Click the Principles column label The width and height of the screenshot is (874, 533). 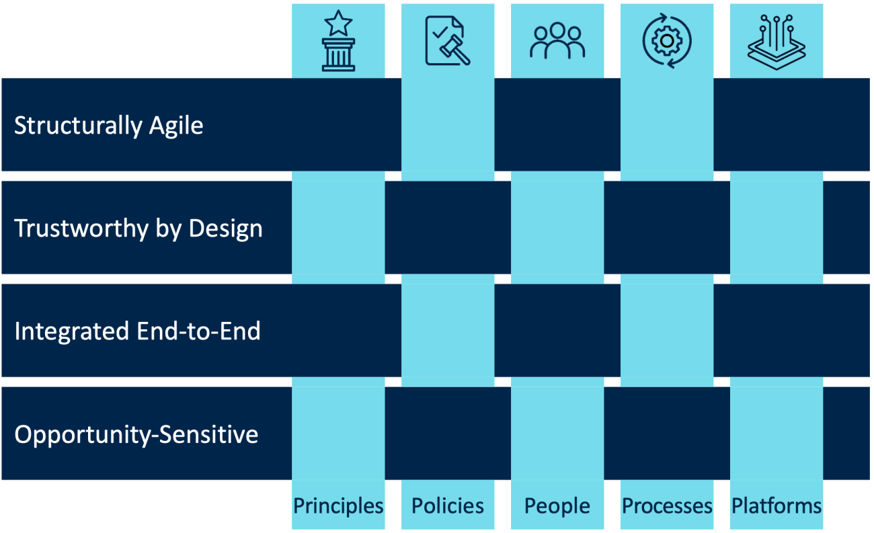[338, 505]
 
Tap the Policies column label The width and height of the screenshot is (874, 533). [448, 505]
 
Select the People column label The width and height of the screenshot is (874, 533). [557, 505]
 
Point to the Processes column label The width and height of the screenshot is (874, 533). [667, 505]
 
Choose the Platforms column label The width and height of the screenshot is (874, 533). [777, 505]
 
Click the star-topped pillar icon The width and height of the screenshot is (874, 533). [338, 42]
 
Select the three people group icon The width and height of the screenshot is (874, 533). [557, 42]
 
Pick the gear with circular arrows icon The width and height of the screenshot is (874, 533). [667, 41]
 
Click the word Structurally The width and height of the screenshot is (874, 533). [78, 126]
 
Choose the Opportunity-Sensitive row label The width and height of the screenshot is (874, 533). [136, 434]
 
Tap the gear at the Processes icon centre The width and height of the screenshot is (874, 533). [667, 41]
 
